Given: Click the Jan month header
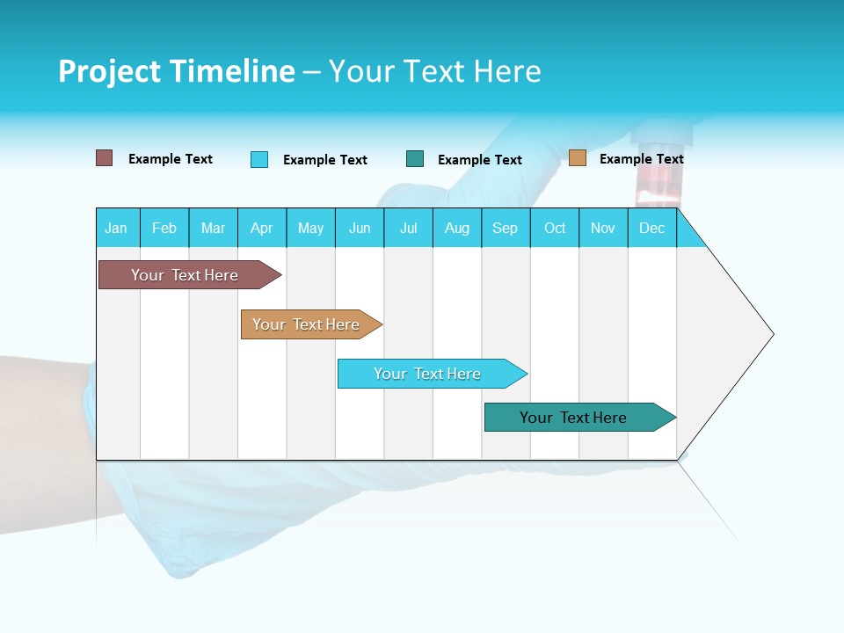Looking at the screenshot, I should [117, 228].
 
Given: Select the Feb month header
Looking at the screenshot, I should [164, 228].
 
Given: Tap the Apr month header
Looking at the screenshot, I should [262, 228].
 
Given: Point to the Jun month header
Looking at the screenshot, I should [360, 228].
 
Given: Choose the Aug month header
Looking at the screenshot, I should [457, 228].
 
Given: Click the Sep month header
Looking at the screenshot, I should [506, 228].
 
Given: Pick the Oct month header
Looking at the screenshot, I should [555, 228].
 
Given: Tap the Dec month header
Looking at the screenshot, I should [652, 228].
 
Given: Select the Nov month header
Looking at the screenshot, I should [603, 228].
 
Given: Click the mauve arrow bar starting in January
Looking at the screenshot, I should [185, 275].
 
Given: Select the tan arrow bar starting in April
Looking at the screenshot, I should [306, 324].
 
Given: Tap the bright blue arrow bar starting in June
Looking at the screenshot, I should [427, 374].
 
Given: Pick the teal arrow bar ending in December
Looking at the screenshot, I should [573, 418].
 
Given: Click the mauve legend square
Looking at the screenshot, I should [104, 158].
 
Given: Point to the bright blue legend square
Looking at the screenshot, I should [259, 159].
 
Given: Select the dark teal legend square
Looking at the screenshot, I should [415, 159].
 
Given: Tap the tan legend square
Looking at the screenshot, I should [578, 158].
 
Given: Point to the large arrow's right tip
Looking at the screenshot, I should [772, 334].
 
